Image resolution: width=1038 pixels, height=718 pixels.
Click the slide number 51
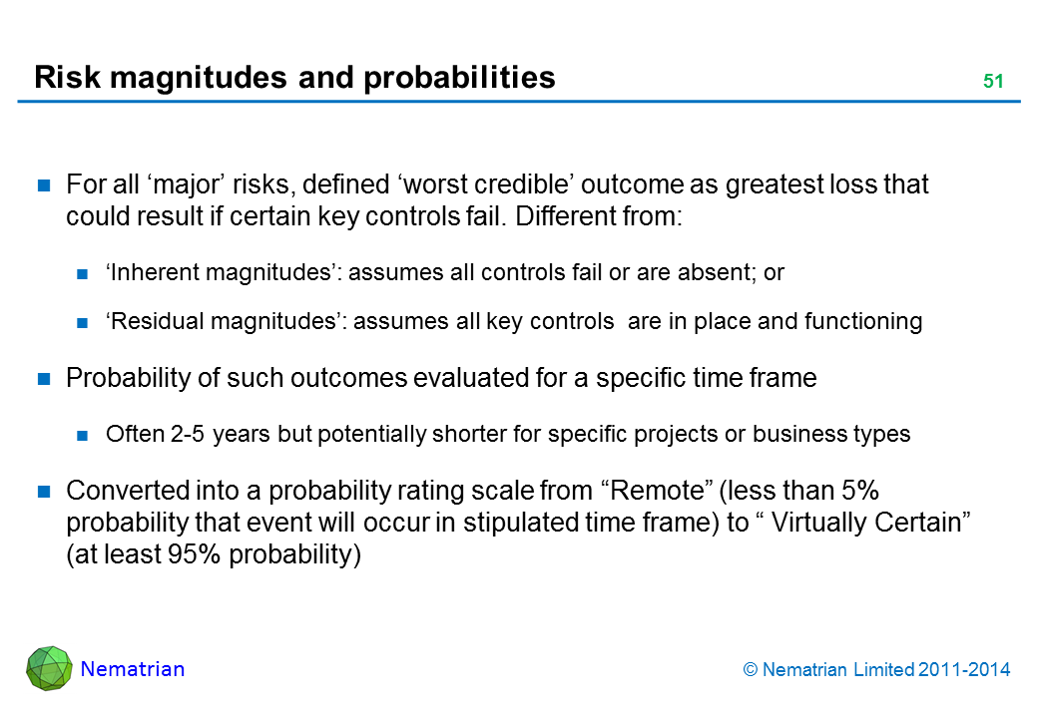click(x=993, y=82)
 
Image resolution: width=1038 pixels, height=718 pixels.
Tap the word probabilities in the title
click(x=459, y=78)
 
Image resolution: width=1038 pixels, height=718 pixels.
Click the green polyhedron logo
click(x=49, y=668)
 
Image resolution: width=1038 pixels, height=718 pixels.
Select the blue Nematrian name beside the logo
click(x=133, y=669)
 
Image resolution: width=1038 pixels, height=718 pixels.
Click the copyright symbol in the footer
click(x=750, y=670)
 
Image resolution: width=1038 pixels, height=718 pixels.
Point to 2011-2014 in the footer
click(x=964, y=670)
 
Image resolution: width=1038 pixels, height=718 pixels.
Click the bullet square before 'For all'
click(x=44, y=185)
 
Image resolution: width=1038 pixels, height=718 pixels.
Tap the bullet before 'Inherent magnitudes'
click(x=82, y=273)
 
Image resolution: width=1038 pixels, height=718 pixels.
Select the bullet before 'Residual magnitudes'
click(x=82, y=323)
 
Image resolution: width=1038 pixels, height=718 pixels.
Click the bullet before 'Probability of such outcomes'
click(x=44, y=379)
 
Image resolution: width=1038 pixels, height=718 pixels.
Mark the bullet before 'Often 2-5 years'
click(x=82, y=435)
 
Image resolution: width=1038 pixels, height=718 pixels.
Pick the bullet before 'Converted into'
click(x=44, y=492)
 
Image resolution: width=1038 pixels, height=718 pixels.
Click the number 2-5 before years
click(x=188, y=434)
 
